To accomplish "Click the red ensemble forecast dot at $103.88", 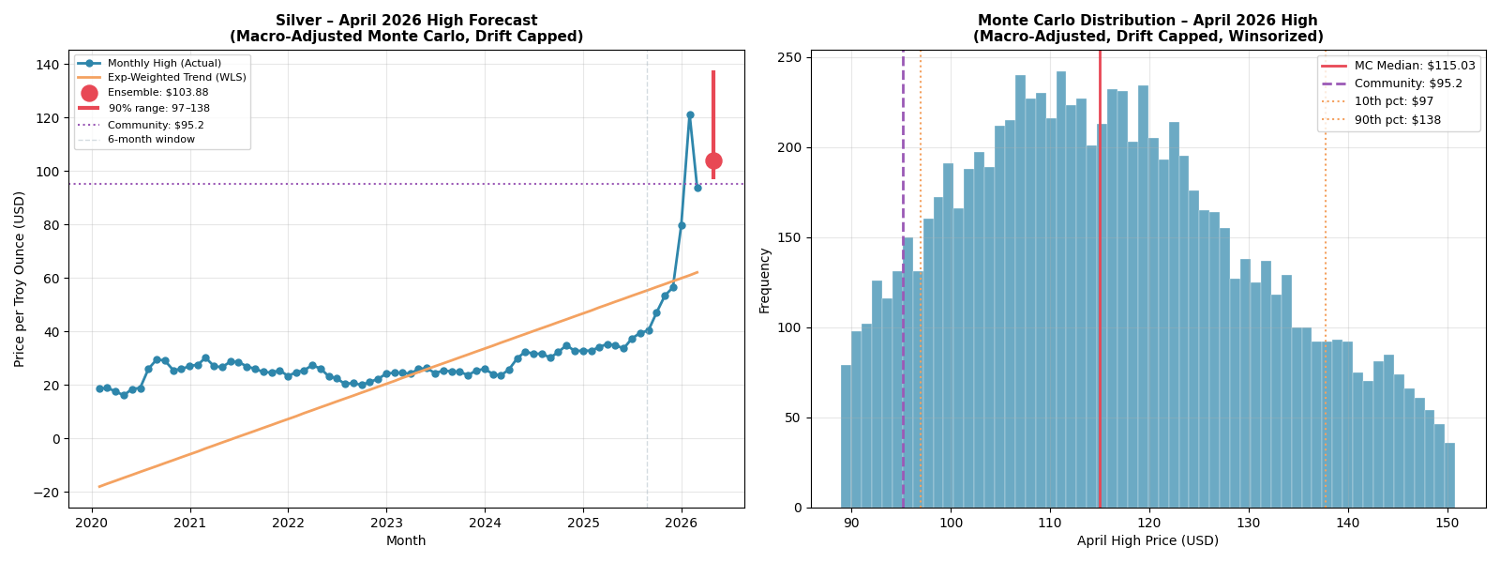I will pyautogui.click(x=713, y=160).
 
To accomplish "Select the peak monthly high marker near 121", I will pyautogui.click(x=690, y=114).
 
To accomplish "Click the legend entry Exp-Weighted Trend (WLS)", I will pyautogui.click(x=176, y=78).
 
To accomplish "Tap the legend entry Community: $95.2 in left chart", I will pyautogui.click(x=155, y=125).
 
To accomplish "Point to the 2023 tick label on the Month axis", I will pyautogui.click(x=386, y=522).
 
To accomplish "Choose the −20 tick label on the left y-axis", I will pyautogui.click(x=43, y=493).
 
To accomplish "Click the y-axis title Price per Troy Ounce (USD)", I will pyautogui.click(x=20, y=279).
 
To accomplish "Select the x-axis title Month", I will pyautogui.click(x=406, y=541).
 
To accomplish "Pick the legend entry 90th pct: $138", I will pyautogui.click(x=1398, y=120).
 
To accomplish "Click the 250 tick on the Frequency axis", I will pyautogui.click(x=790, y=57).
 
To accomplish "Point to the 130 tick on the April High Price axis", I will pyautogui.click(x=1249, y=522).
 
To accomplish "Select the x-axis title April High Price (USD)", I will pyautogui.click(x=1147, y=541).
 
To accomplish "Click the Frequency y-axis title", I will pyautogui.click(x=765, y=280).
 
